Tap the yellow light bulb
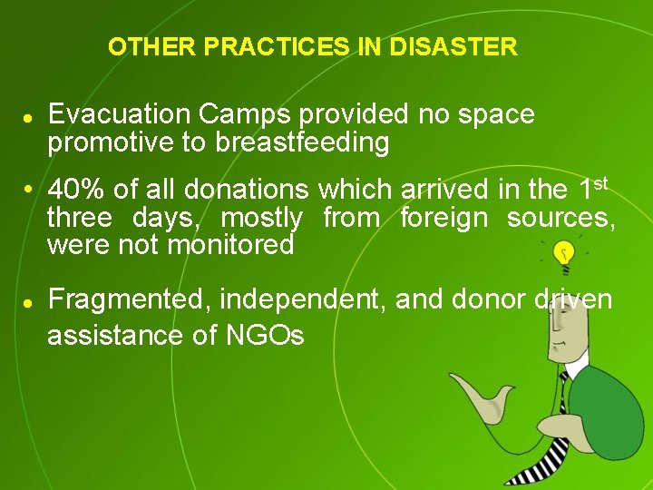pyautogui.click(x=565, y=255)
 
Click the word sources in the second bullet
pyautogui.click(x=560, y=218)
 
